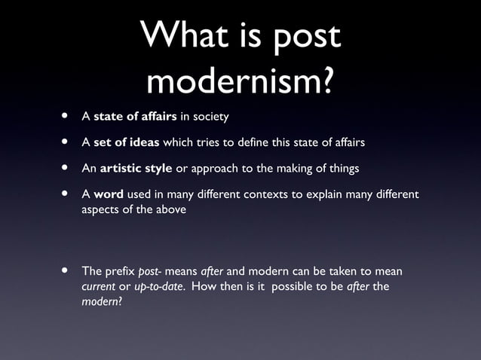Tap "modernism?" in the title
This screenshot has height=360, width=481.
[240, 81]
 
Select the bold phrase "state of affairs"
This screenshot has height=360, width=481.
[135, 117]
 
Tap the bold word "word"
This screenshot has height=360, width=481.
[109, 195]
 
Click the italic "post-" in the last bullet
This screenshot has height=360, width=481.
[155, 271]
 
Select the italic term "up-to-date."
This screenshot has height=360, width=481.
[159, 287]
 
